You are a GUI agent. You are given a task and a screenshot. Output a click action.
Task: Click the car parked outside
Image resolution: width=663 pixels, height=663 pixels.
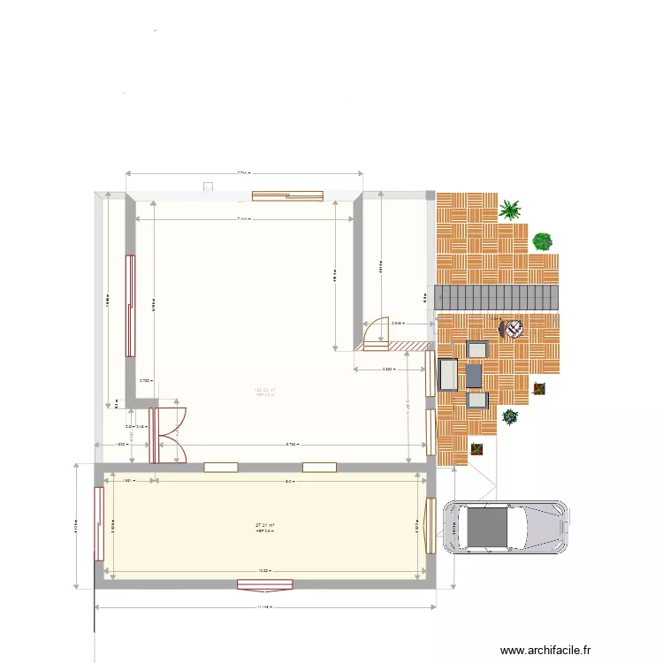coord(506,528)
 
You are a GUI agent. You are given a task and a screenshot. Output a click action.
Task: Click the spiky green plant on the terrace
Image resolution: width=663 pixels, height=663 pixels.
coord(510,210)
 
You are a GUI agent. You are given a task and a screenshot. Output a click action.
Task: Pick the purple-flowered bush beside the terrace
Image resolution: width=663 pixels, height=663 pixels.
coord(543,240)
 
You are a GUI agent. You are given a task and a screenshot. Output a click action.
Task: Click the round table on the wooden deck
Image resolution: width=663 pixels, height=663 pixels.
coord(512,329)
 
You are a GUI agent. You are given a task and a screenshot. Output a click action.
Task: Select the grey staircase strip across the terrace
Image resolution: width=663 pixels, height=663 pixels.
coord(499,297)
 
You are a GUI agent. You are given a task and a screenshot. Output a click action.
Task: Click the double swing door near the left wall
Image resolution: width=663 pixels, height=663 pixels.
coord(168,434)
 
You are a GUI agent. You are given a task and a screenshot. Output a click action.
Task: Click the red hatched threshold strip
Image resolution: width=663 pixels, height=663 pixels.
coord(408,346)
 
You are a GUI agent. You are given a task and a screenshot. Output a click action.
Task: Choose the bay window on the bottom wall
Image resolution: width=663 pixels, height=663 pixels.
coord(265,583)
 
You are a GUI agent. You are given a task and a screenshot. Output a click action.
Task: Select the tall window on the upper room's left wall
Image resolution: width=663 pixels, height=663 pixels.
coord(130,305)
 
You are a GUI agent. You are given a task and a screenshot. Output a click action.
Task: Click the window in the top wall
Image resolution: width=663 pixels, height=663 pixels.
coord(287,197)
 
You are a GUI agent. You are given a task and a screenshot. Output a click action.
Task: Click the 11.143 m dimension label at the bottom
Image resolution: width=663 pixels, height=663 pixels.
coord(263,607)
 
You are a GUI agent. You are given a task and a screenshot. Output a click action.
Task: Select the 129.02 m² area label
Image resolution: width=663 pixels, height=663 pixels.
coord(265,390)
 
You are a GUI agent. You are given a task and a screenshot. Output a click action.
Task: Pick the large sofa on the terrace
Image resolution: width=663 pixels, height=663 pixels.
coord(447,375)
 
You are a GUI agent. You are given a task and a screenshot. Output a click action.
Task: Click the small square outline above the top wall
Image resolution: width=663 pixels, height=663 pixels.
coord(209,187)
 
